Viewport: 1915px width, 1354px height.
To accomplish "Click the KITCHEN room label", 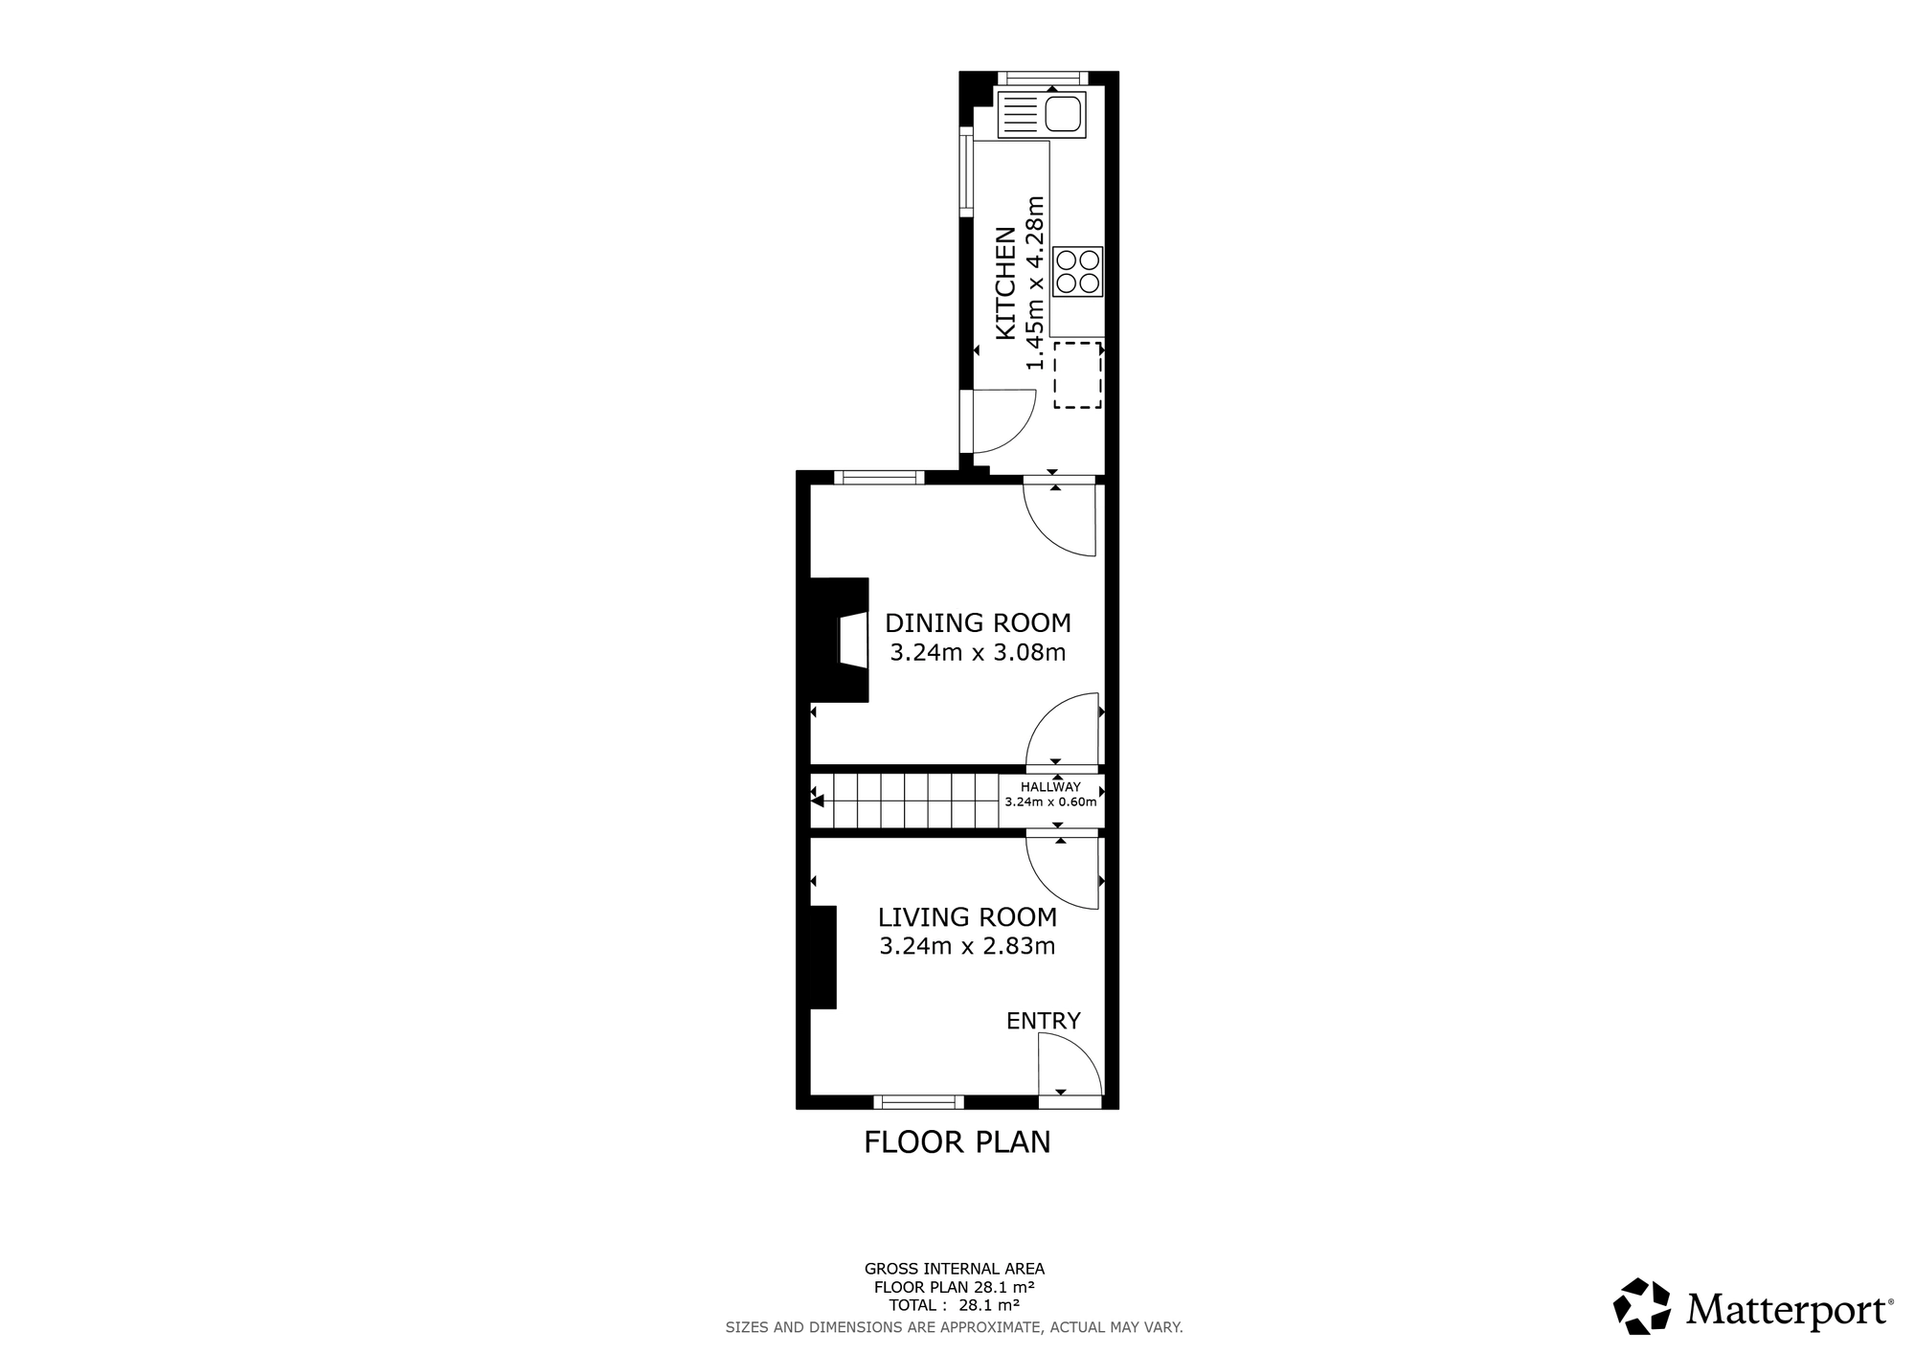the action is point(1005,282).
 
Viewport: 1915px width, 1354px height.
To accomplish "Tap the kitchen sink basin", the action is point(1063,115).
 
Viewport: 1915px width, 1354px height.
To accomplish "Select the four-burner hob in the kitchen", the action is point(1078,271).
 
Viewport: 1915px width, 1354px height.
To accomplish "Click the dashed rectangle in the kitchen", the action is point(1078,375).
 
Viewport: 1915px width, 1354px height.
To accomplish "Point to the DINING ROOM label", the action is point(978,623).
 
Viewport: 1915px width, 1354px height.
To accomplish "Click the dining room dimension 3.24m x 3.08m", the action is point(978,653).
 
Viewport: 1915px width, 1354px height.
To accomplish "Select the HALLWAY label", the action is point(1050,787).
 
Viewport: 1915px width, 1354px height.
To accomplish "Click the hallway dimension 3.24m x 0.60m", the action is point(1050,802).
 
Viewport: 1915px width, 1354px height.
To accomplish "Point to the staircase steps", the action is point(906,801).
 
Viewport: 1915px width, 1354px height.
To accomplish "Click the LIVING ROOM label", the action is point(968,917).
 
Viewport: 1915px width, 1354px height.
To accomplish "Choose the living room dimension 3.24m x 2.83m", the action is point(968,947).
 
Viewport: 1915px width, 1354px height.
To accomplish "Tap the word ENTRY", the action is point(1044,1021).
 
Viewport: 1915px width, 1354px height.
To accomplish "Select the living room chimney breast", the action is point(823,957).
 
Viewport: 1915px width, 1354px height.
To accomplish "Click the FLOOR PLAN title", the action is point(957,1142).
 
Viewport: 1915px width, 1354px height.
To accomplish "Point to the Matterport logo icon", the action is point(1642,1306).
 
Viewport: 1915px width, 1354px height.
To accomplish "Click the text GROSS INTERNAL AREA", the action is point(955,1269).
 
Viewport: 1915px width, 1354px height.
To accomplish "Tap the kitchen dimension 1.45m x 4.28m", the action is point(1035,282).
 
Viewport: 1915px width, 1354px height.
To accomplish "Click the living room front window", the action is point(918,1102).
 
